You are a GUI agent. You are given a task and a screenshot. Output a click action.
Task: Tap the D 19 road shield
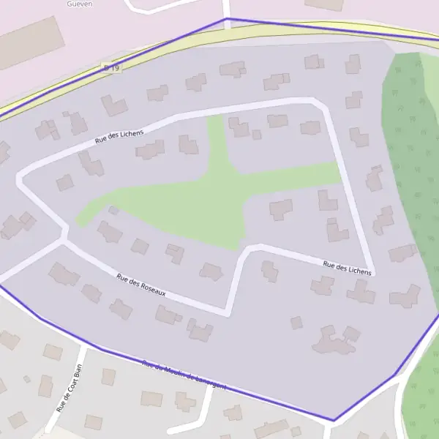point(111,68)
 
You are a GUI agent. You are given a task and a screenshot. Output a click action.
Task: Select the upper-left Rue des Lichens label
point(119,137)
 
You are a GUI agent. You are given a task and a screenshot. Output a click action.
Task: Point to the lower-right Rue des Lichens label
point(348,267)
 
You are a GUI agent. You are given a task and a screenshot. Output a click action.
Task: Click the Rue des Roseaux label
point(141,285)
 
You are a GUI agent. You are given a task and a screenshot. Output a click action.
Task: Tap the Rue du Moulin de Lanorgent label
point(184,375)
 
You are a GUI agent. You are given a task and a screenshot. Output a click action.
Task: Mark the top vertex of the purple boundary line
point(228,18)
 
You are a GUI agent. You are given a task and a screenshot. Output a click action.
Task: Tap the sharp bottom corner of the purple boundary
point(334,420)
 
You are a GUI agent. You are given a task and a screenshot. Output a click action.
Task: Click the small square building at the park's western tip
point(113,211)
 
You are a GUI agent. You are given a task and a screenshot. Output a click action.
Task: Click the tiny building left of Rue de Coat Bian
point(27,379)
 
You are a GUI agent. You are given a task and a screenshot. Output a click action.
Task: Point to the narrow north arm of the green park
point(215,139)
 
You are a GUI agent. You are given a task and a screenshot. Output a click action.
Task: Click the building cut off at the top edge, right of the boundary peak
point(324,4)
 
